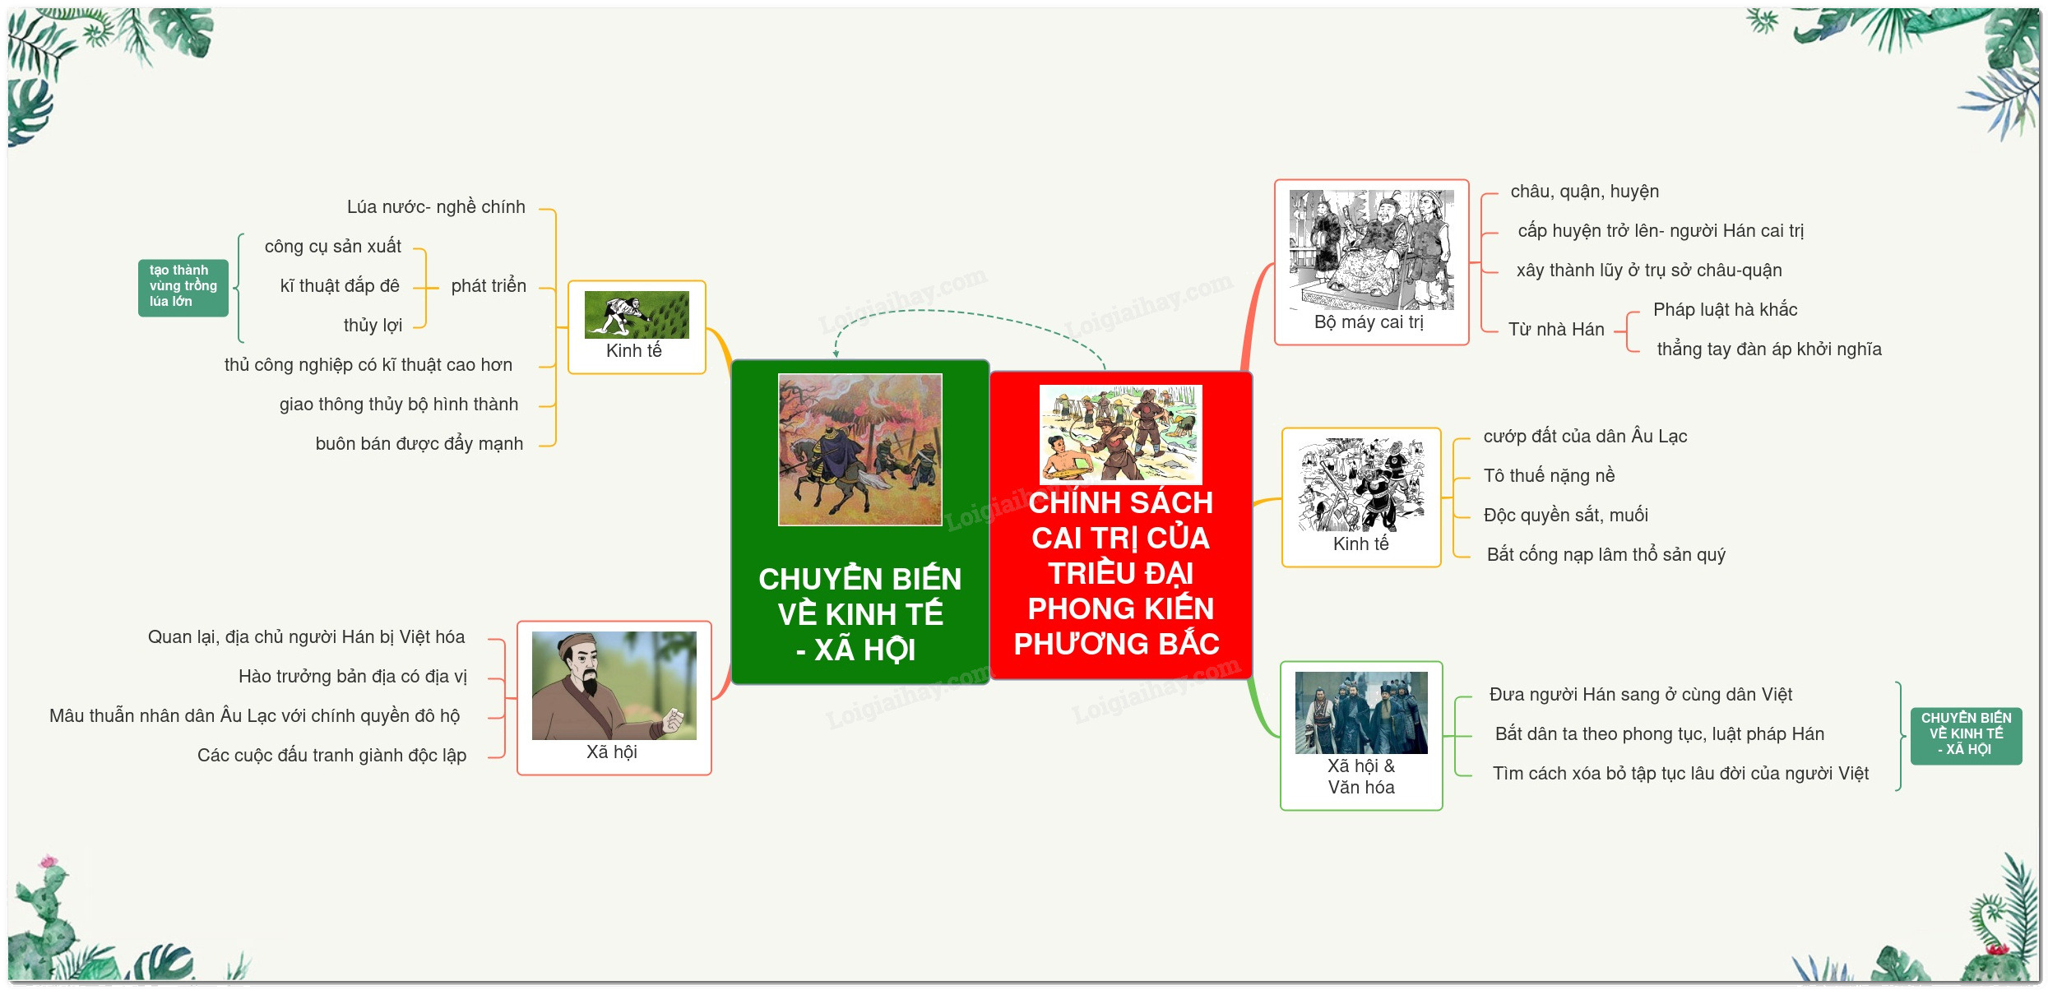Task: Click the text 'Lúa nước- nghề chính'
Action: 436,207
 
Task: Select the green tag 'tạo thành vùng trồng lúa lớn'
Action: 183,288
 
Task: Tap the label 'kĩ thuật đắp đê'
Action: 340,286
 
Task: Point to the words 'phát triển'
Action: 489,286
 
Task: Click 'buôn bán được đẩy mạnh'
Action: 419,444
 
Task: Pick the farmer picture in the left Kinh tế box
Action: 637,314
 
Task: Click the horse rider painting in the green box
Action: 860,450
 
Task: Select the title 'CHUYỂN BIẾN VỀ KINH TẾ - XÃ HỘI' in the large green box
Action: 860,614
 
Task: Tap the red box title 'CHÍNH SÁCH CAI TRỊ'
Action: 1120,520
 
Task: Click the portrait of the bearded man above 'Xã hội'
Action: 614,686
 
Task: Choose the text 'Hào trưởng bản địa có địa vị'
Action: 352,677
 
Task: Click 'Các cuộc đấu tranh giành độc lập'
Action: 331,756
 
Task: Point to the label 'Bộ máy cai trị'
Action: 1369,322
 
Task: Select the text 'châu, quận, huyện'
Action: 1584,192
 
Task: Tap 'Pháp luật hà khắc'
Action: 1725,310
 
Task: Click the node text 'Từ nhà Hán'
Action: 1556,330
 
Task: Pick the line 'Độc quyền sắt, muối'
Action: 1565,516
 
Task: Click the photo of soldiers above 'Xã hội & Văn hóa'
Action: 1361,713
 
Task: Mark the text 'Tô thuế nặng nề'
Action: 1549,476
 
